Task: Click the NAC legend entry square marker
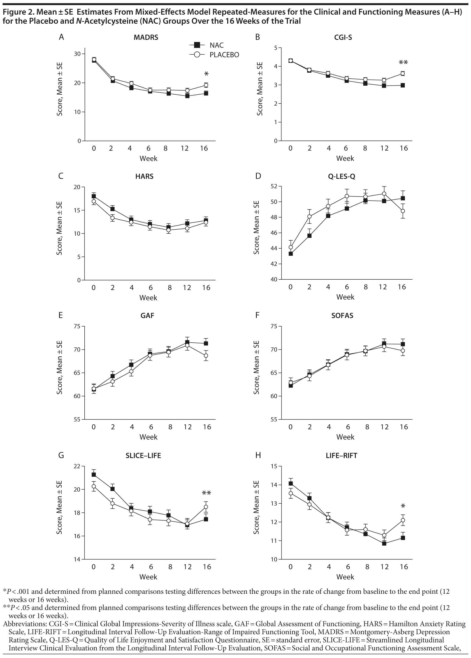197,45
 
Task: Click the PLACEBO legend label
224,55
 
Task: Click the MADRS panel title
146,37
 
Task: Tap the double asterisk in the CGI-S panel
403,63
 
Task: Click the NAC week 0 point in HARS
94,196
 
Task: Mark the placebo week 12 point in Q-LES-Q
384,194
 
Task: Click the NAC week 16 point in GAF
206,343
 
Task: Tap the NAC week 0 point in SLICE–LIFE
94,474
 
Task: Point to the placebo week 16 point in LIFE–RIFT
403,520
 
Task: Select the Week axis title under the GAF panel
148,437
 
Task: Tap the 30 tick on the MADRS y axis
77,54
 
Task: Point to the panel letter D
258,176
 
